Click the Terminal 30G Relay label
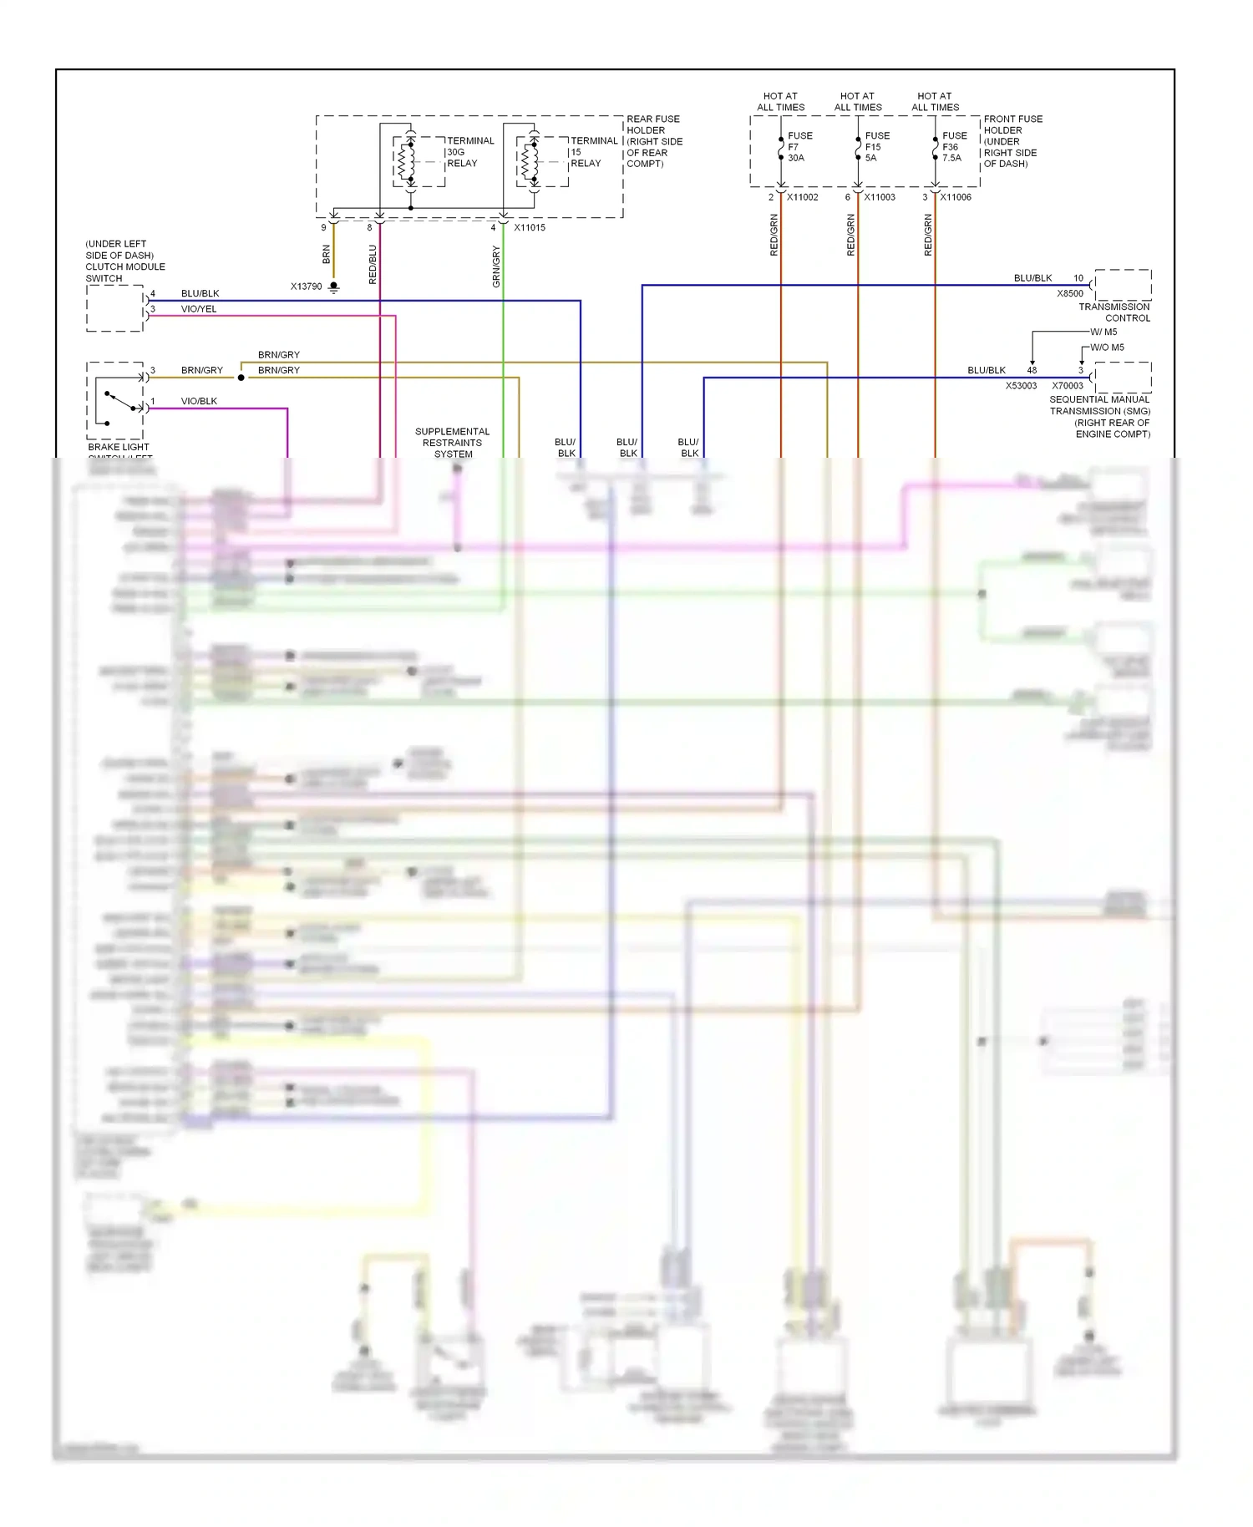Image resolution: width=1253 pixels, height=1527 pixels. pyautogui.click(x=469, y=152)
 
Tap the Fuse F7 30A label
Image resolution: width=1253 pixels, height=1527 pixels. pyautogui.click(x=799, y=146)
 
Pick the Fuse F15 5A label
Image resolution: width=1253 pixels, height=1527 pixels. pyautogui.click(x=876, y=146)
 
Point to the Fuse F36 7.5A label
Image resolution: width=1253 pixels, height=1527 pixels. pyautogui.click(x=954, y=146)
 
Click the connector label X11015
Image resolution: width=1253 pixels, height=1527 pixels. pyautogui.click(x=530, y=227)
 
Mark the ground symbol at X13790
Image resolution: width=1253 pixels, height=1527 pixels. pyautogui.click(x=333, y=287)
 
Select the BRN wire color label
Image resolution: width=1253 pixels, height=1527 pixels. pyautogui.click(x=326, y=254)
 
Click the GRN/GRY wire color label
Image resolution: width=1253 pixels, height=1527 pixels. pyautogui.click(x=496, y=266)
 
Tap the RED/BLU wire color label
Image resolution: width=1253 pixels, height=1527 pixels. pyautogui.click(x=373, y=264)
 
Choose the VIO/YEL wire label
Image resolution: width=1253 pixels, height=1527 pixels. pyautogui.click(x=199, y=309)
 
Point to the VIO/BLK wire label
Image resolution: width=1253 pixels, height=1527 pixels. pyautogui.click(x=199, y=401)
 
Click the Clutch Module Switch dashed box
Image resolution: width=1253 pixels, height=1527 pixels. pyautogui.click(x=114, y=308)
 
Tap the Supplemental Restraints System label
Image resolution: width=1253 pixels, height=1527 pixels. pyautogui.click(x=453, y=443)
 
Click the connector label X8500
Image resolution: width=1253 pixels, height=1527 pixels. pyautogui.click(x=1069, y=293)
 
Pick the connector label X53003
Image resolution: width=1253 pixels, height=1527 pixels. pyautogui.click(x=1021, y=386)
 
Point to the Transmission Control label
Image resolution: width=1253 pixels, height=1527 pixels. pyautogui.click(x=1114, y=312)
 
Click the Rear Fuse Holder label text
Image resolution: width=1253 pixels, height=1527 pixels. pyautogui.click(x=654, y=141)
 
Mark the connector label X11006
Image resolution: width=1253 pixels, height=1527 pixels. pyautogui.click(x=956, y=197)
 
